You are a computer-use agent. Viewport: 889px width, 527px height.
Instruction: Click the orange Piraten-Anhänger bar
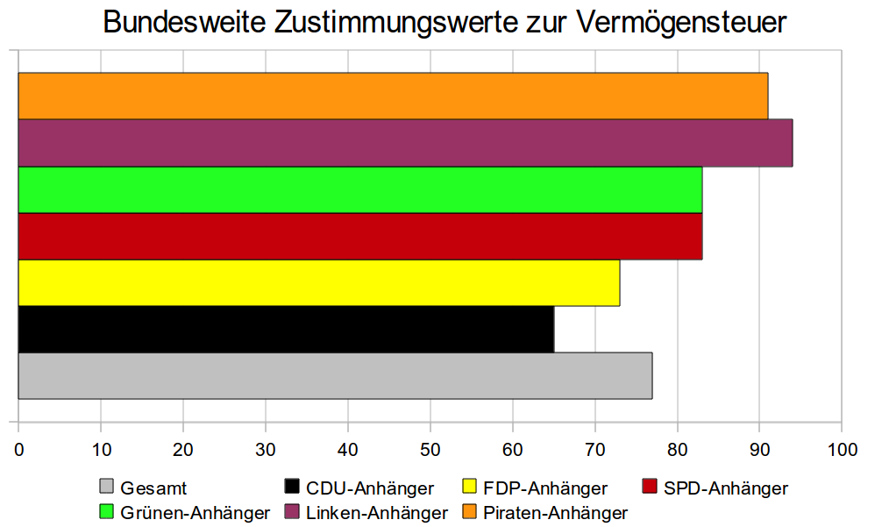[x=393, y=96]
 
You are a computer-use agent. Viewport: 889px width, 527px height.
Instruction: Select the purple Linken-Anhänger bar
[x=405, y=142]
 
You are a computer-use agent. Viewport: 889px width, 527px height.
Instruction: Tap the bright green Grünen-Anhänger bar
[x=359, y=189]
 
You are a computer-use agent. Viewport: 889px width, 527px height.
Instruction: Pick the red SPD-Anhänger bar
[x=359, y=236]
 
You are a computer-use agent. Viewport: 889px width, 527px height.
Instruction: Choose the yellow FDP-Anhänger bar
[x=318, y=282]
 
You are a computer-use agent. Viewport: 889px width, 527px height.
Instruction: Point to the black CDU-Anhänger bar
[x=286, y=329]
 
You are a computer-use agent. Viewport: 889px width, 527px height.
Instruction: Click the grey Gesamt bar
[x=335, y=375]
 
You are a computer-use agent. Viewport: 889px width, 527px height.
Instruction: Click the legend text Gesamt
[x=154, y=488]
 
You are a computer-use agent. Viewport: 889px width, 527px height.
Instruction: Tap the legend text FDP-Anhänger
[x=545, y=488]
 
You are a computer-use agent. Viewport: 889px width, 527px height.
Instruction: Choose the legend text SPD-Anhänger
[x=726, y=488]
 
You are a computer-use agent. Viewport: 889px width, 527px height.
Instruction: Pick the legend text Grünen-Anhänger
[x=196, y=513]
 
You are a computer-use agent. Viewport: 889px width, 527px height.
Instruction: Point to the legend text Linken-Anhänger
[x=377, y=513]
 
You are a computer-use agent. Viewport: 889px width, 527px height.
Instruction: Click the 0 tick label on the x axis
[x=18, y=450]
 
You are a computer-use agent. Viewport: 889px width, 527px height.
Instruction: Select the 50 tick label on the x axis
[x=430, y=450]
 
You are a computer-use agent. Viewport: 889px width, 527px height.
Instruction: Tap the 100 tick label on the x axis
[x=842, y=450]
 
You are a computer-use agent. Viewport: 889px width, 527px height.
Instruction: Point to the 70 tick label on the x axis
[x=595, y=450]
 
